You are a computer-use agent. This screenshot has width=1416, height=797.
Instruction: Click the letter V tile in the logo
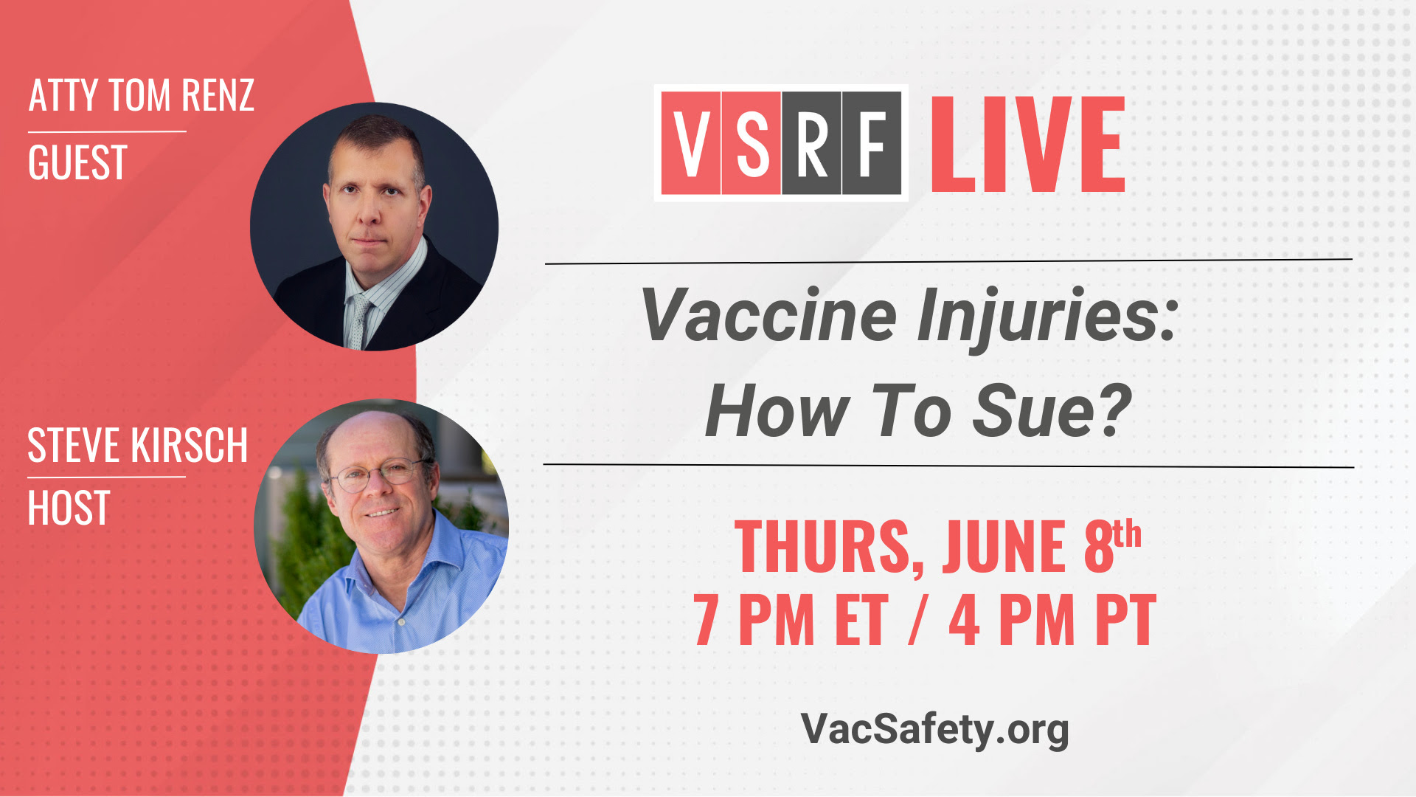[x=691, y=143]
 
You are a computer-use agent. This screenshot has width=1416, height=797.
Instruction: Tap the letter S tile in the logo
[x=752, y=143]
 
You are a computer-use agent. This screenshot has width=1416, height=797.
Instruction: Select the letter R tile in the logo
[x=811, y=143]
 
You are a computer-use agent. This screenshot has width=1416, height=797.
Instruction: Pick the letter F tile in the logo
[x=872, y=143]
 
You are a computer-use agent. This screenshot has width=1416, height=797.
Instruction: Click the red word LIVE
[x=1028, y=145]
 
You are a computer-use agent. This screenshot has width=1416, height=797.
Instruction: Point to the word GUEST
[x=77, y=162]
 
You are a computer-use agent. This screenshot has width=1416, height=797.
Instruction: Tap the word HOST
[x=69, y=508]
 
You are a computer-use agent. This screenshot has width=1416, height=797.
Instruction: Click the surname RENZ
[x=218, y=95]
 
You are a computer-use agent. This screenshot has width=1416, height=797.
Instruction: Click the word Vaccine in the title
[x=769, y=315]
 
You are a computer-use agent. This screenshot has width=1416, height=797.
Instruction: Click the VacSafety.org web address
[x=934, y=729]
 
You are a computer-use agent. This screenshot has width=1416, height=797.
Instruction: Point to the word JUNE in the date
[x=1004, y=546]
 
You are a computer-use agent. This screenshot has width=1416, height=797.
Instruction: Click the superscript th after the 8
[x=1128, y=534]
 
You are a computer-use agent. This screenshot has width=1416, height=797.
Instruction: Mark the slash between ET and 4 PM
[x=918, y=620]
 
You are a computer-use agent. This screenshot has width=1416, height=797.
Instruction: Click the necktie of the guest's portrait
[x=359, y=321]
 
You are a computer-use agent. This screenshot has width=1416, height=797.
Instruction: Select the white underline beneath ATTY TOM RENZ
[x=107, y=132]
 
